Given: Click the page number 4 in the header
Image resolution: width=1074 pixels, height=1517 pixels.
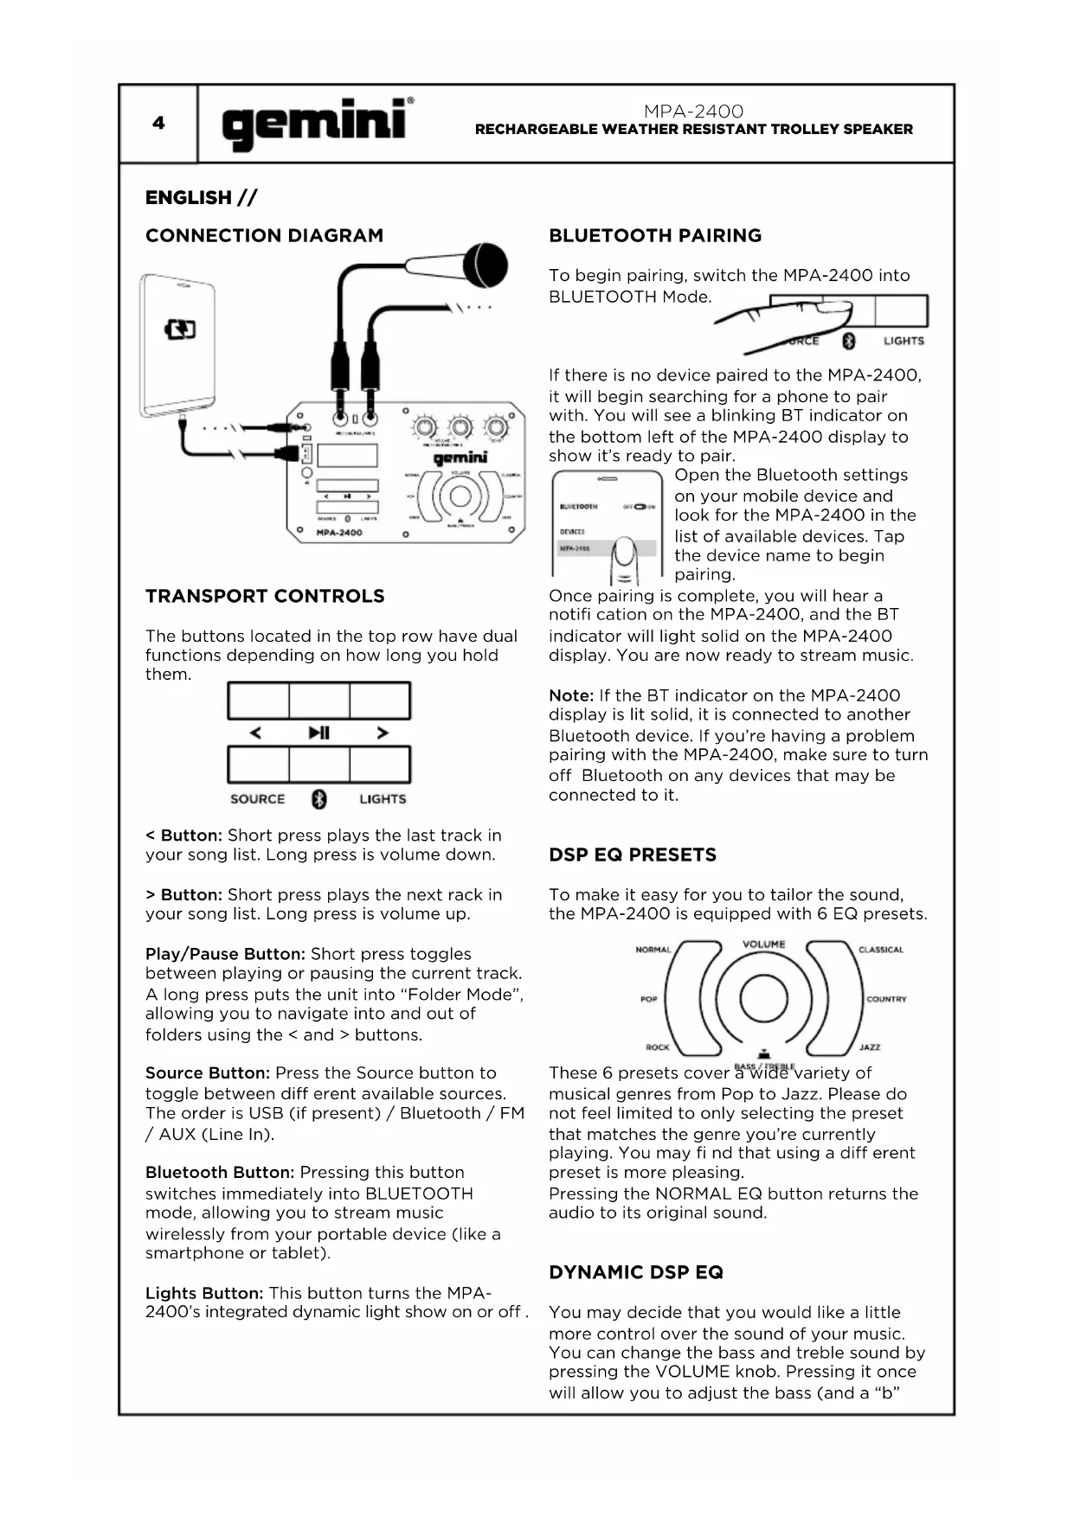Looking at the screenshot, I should pyautogui.click(x=158, y=123).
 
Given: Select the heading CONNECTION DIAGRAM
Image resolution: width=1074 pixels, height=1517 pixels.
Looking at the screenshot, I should pyautogui.click(x=264, y=235).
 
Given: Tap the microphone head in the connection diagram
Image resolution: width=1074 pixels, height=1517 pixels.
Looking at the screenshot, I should pyautogui.click(x=485, y=265).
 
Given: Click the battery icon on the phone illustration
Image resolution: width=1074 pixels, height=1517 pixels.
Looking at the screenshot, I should pyautogui.click(x=180, y=330).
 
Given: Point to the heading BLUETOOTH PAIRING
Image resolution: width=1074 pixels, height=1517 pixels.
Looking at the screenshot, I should pyautogui.click(x=655, y=235).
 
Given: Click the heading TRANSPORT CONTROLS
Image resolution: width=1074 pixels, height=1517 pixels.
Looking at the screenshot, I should pyautogui.click(x=265, y=596).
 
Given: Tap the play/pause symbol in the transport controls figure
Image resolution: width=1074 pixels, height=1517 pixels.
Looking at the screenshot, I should pyautogui.click(x=319, y=733).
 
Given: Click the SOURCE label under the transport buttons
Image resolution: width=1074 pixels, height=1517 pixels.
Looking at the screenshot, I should pyautogui.click(x=257, y=799).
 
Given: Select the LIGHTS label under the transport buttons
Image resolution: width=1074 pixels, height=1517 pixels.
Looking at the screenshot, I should pyautogui.click(x=383, y=799).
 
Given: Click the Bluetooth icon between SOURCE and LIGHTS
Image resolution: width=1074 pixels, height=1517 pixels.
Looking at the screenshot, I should pyautogui.click(x=319, y=799).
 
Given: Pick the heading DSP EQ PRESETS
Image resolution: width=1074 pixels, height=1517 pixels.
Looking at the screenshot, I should pyautogui.click(x=633, y=855).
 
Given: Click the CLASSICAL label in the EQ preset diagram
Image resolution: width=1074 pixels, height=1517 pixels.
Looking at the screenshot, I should pyautogui.click(x=880, y=950).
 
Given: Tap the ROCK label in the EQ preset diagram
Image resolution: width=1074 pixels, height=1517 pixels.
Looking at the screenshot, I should pyautogui.click(x=658, y=1047).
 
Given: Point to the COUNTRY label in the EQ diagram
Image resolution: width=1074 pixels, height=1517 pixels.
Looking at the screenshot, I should pyautogui.click(x=886, y=999).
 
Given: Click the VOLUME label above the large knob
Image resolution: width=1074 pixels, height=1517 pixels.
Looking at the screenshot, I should pyautogui.click(x=763, y=944).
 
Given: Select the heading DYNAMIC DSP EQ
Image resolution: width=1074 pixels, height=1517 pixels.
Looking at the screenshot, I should pyautogui.click(x=636, y=1272).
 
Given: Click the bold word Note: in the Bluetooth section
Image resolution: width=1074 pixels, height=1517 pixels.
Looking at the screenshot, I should pyautogui.click(x=571, y=695).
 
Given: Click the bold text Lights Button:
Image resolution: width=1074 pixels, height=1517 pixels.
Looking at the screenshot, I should pyautogui.click(x=204, y=1293).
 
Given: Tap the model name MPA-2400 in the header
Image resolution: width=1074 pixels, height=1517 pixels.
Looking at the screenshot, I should pyautogui.click(x=693, y=111).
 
